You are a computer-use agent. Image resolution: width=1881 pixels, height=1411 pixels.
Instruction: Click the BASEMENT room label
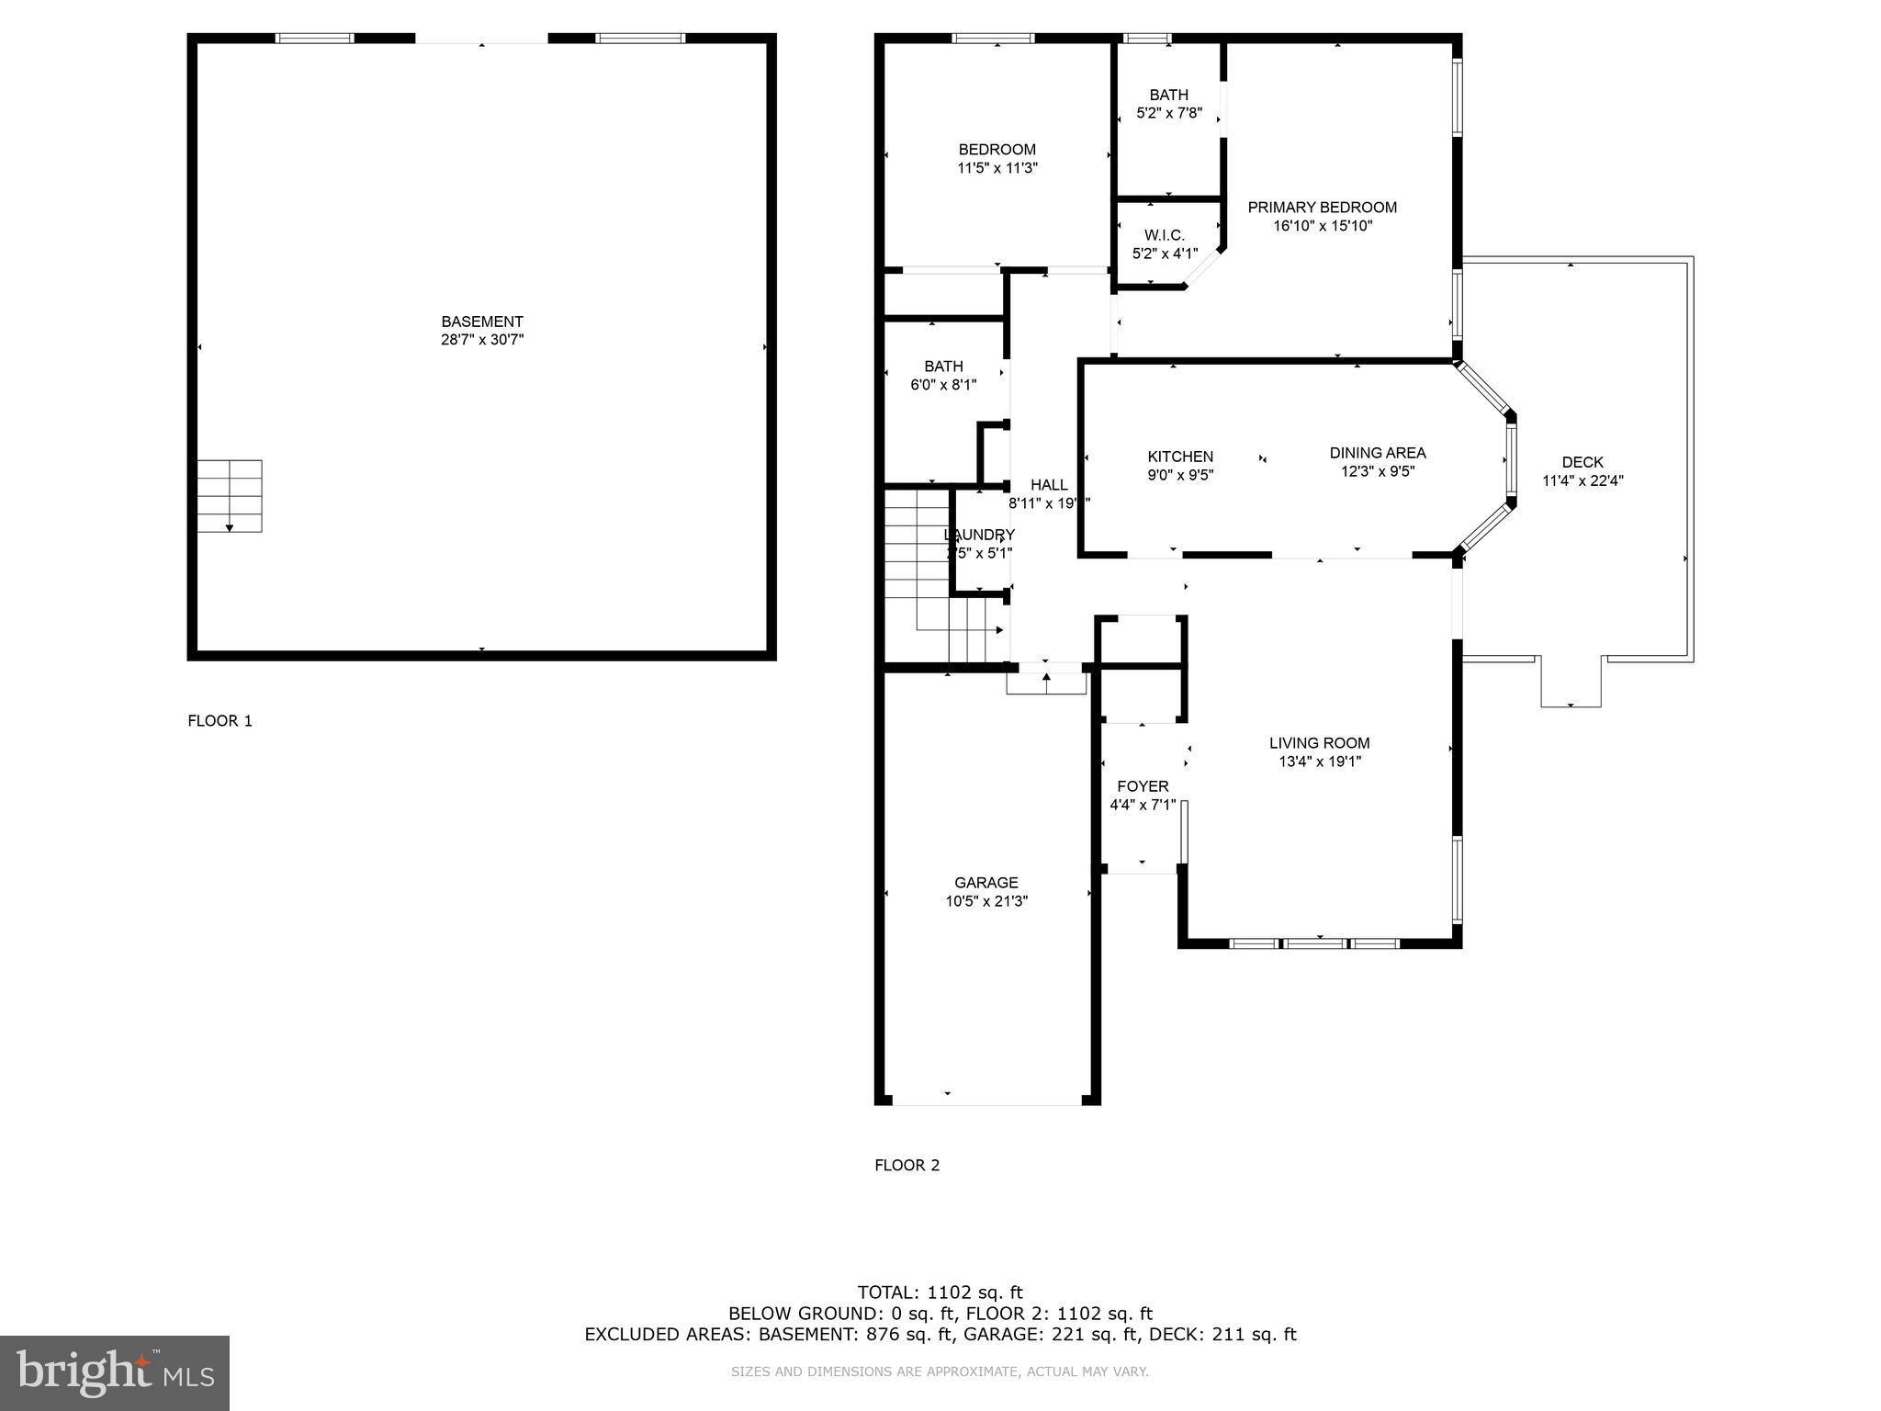point(481,322)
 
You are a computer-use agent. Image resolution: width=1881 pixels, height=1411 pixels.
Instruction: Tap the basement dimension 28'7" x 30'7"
point(481,340)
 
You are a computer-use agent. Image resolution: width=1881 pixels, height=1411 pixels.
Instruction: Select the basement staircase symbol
point(230,496)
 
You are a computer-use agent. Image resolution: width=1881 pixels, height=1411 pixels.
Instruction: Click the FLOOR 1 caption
point(220,721)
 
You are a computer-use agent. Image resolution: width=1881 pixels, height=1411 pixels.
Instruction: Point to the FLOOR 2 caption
point(907,1166)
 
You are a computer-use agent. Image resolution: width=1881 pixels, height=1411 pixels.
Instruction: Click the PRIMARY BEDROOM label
point(1322,208)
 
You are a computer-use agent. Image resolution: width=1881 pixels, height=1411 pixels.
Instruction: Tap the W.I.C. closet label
point(1164,236)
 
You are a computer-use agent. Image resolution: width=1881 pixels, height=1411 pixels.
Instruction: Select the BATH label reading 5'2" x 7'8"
point(1168,95)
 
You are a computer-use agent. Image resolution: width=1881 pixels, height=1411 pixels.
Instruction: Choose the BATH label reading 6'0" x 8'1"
point(943,367)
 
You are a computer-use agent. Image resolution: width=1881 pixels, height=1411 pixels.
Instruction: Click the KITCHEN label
point(1180,457)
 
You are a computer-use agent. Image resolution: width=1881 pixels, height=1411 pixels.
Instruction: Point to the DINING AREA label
point(1377,453)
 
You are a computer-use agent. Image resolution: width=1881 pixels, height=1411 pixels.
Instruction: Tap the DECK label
point(1582,462)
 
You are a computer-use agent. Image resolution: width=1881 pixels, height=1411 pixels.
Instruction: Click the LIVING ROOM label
point(1319,743)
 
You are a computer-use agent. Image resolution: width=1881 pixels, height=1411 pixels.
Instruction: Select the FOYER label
point(1143,786)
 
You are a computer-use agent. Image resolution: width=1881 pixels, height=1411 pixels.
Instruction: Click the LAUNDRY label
point(979,535)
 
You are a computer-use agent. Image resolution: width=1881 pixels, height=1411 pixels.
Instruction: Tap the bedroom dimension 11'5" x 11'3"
point(997,168)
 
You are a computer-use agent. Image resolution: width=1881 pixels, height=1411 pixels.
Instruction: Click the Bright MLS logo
point(115,1372)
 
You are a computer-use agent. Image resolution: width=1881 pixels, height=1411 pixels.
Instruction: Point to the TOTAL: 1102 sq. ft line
point(940,1292)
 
